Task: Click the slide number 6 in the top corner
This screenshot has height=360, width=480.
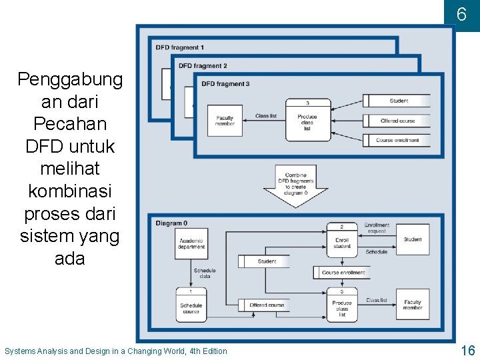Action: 461,14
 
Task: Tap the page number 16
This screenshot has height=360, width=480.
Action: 467,351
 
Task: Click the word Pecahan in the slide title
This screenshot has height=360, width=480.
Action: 70,124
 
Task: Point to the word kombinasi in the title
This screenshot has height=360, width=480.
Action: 70,191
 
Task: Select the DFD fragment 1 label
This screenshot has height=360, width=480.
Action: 180,47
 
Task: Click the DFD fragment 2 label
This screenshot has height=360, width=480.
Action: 203,65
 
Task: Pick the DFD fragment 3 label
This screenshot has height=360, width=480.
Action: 225,83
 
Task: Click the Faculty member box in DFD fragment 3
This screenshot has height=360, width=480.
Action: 225,121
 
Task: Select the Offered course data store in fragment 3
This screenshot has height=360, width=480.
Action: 397,121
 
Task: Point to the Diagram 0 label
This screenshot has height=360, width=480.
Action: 171,223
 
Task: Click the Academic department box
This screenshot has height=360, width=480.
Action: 191,243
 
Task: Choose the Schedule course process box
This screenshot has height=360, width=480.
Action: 191,304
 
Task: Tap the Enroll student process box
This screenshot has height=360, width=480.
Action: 342,241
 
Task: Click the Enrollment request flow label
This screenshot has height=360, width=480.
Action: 377,228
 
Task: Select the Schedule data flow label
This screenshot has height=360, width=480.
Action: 205,273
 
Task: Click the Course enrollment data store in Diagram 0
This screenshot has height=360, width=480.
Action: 343,273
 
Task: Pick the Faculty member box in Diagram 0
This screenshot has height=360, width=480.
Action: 413,305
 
